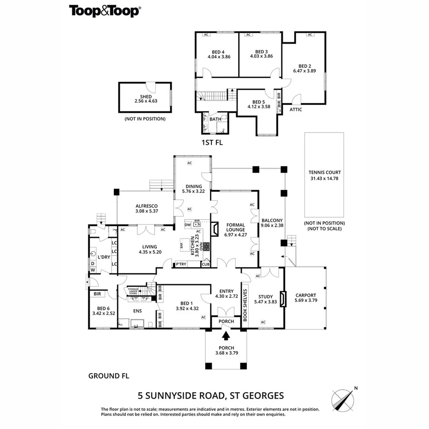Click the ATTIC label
[x=296, y=110]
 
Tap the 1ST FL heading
[x=212, y=143]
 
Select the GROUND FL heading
[x=109, y=376]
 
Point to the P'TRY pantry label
[x=181, y=265]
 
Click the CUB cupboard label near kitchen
[x=205, y=265]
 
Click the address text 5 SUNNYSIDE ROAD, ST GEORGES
[x=211, y=395]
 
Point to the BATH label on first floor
[x=215, y=119]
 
